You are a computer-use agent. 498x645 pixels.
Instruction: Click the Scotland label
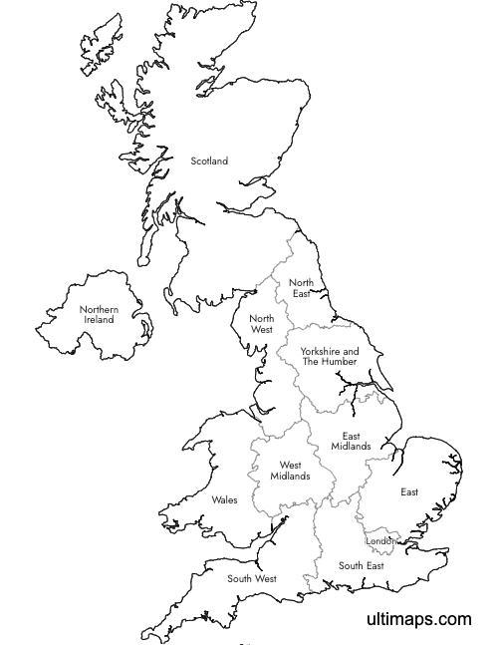[x=209, y=161]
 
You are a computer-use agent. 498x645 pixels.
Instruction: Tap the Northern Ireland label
[x=99, y=314]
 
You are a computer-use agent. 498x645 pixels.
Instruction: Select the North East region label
[x=301, y=288]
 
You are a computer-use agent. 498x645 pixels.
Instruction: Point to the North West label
[x=261, y=324]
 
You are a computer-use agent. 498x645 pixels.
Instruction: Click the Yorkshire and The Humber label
[x=329, y=356]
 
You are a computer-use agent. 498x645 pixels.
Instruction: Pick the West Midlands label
[x=290, y=471]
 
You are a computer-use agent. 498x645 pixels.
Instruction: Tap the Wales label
[x=224, y=499]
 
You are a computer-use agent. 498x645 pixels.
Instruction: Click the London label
[x=381, y=542]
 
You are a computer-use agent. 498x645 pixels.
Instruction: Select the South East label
[x=361, y=565]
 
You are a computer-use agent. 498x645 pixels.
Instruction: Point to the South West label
[x=251, y=578]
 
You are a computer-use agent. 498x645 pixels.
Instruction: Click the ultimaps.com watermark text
[x=418, y=619]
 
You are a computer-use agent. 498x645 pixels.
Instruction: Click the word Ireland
[x=99, y=320]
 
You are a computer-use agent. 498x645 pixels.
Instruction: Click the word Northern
[x=99, y=309]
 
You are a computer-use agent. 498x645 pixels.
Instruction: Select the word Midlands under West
[x=290, y=477]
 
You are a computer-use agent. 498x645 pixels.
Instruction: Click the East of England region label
[x=409, y=492]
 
